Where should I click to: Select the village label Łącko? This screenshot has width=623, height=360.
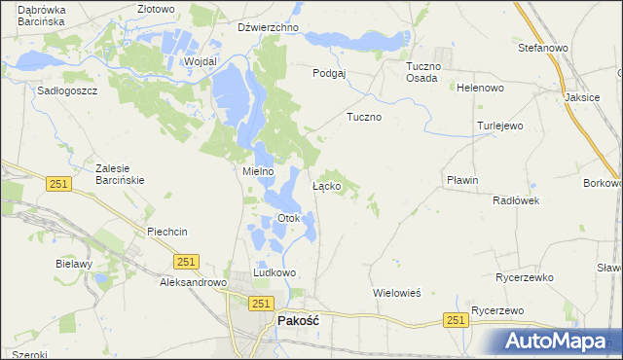(325, 185)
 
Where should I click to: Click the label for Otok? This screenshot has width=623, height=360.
(289, 218)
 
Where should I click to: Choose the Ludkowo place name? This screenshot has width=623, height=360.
(275, 273)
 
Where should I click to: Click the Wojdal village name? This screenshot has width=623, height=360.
(200, 60)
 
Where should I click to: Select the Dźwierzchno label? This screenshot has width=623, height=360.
(267, 27)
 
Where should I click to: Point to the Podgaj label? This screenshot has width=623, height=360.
(329, 73)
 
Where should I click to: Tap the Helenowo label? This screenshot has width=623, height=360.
(480, 88)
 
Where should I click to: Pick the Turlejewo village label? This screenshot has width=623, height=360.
(500, 126)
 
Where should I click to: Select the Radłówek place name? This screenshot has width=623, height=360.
(516, 200)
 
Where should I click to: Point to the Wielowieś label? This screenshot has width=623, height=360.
(396, 292)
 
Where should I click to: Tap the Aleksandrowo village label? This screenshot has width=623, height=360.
(193, 282)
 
